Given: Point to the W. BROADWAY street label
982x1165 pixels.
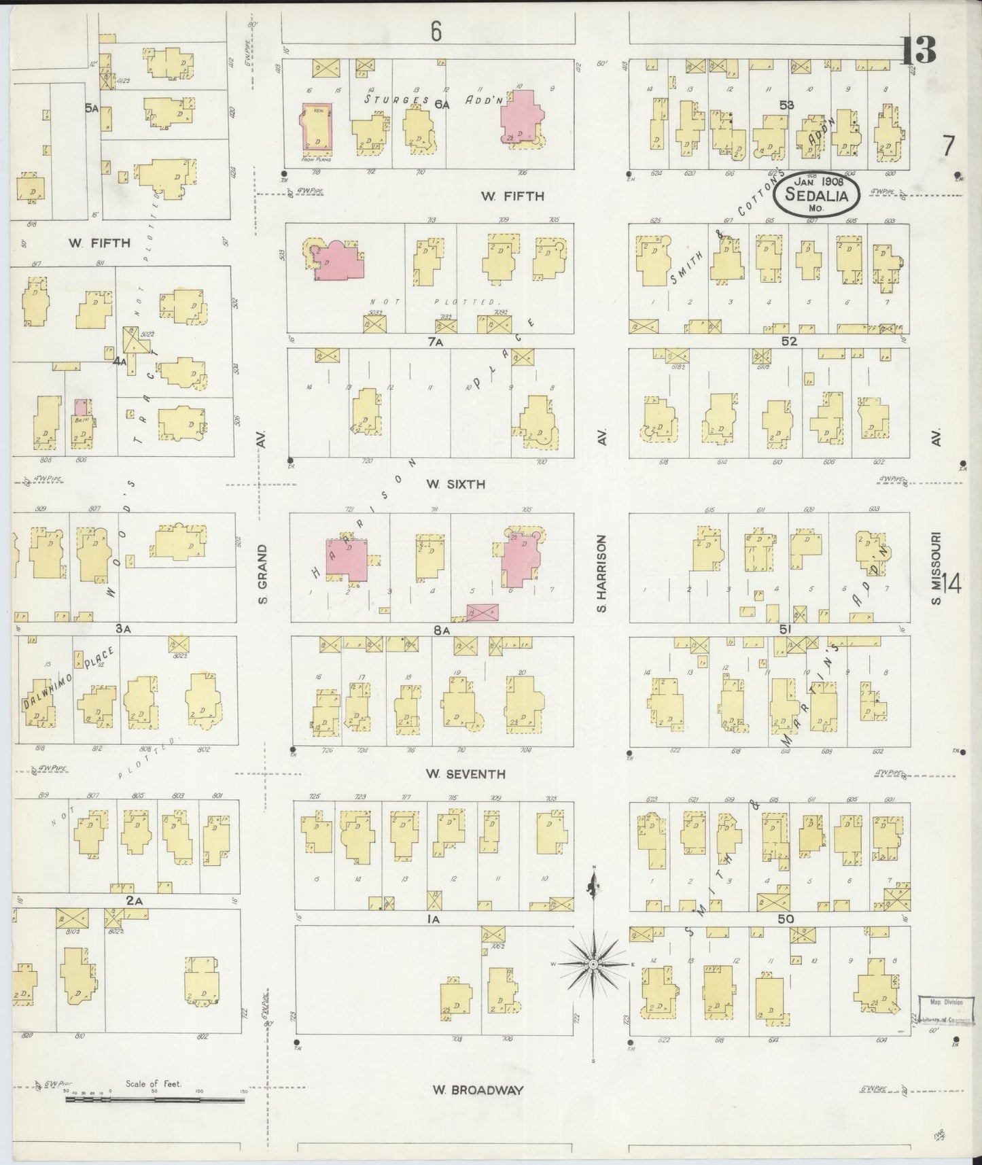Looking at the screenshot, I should [x=478, y=1090].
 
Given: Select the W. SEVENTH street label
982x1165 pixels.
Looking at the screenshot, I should [x=466, y=773].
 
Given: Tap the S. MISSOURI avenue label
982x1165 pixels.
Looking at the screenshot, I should [x=936, y=568].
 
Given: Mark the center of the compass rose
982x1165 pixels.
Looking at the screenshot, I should [x=593, y=964].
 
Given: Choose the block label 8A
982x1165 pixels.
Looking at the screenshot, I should [x=442, y=630].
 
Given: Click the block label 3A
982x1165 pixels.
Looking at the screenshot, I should [x=122, y=629].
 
